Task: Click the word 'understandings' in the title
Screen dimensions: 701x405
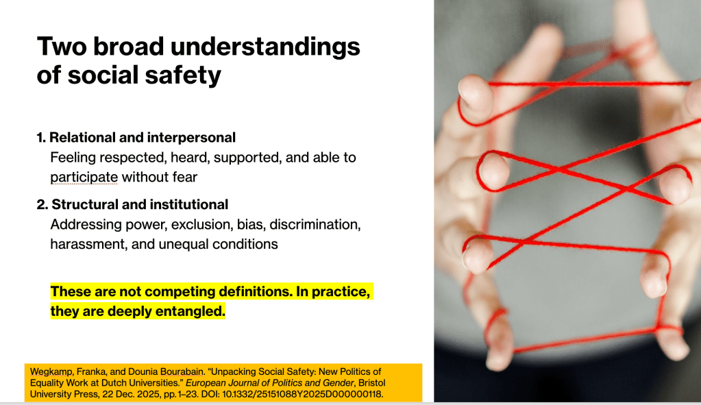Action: coord(265,47)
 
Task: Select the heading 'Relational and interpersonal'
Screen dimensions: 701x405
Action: coord(142,137)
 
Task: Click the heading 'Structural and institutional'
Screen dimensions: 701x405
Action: coord(140,204)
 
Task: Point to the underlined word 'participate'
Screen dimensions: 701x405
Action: coord(84,177)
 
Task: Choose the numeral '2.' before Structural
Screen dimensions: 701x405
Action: coord(42,205)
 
